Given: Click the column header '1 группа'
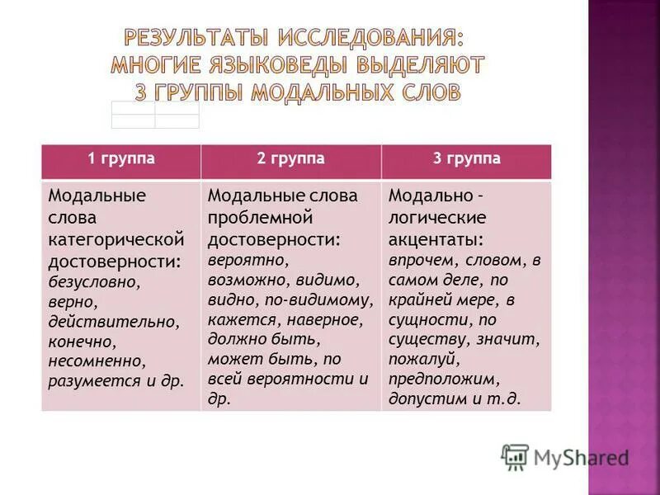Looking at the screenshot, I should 122,158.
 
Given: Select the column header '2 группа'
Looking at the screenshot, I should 290,158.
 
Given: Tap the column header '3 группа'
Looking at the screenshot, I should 467,158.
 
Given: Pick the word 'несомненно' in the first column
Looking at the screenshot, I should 97,361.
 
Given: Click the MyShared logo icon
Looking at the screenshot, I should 515,457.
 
